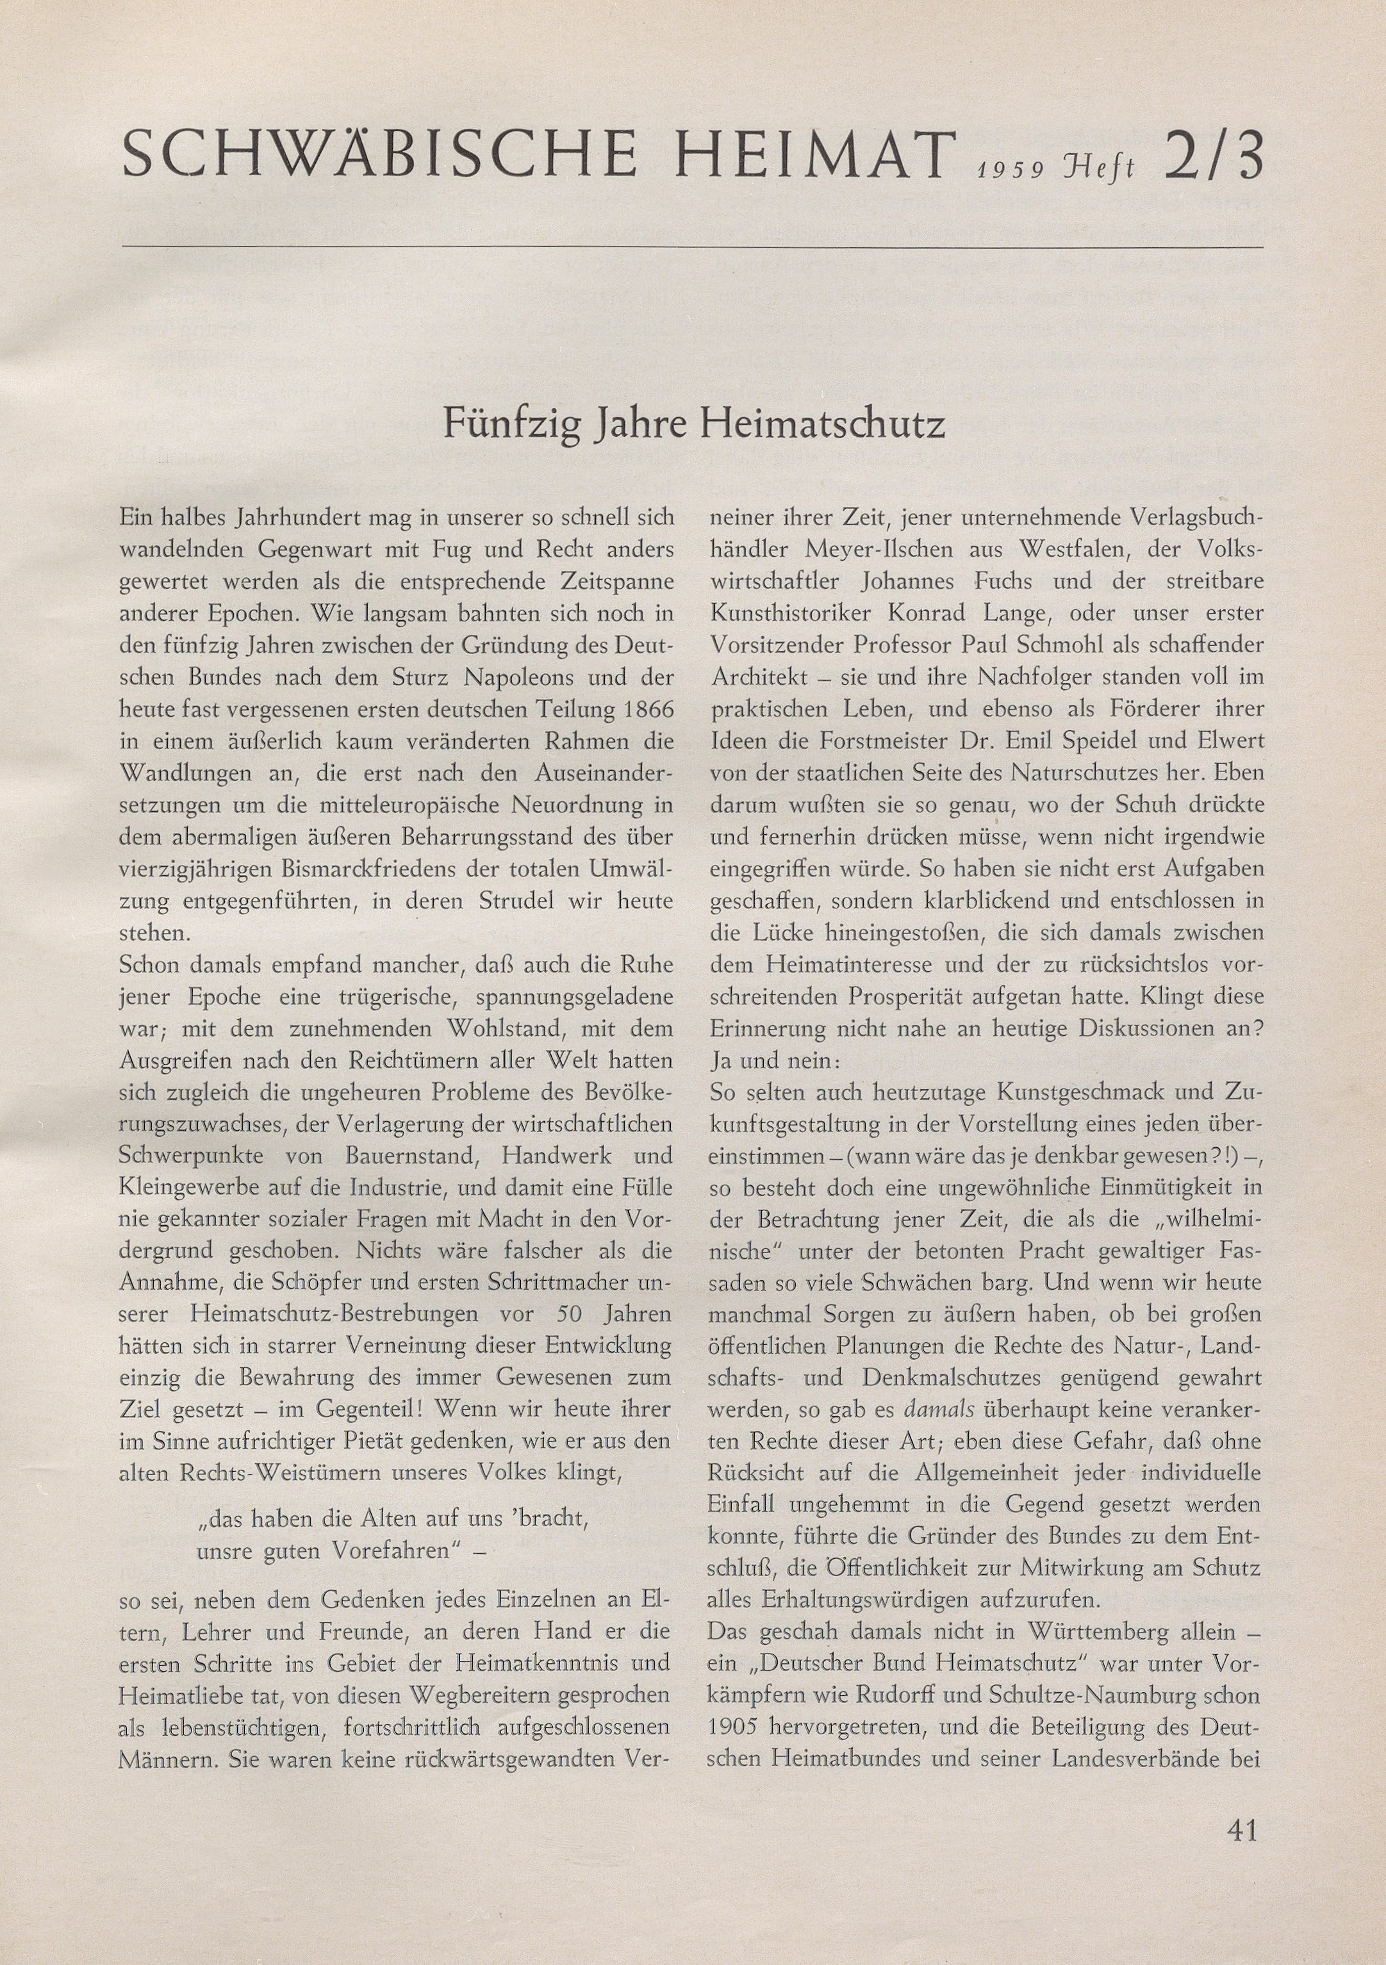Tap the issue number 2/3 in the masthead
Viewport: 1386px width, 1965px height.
coord(1212,155)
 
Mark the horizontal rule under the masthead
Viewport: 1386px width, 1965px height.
coord(691,247)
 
